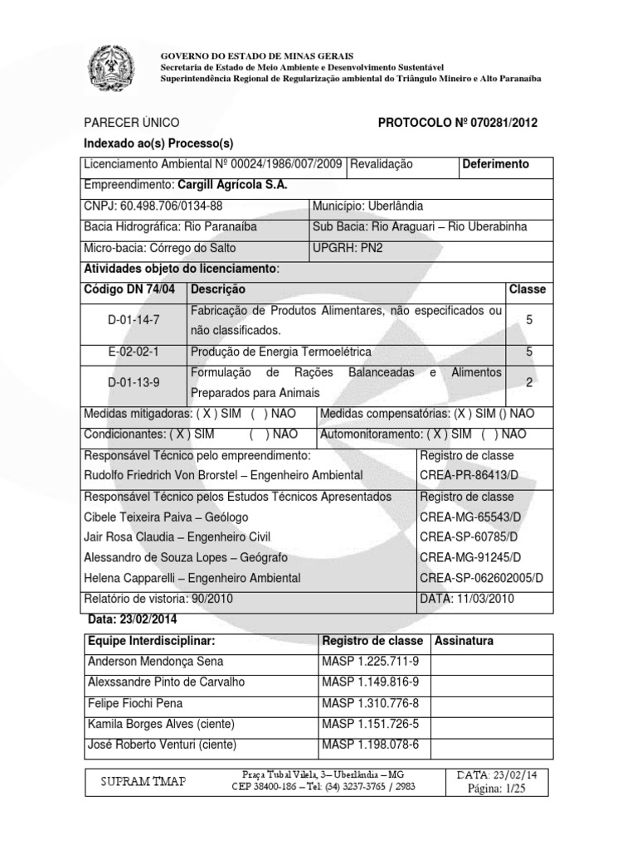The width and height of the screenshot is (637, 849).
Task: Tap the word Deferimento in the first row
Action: (x=496, y=164)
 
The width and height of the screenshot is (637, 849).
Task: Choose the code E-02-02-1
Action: (x=132, y=352)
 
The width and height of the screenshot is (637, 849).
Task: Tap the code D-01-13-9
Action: (x=132, y=383)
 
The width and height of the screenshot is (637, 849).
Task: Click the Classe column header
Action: (x=527, y=289)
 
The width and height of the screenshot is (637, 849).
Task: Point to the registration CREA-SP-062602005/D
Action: (x=481, y=578)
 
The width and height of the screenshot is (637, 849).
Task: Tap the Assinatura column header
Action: (x=464, y=641)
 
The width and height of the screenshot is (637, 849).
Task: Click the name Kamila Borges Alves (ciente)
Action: (x=160, y=724)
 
